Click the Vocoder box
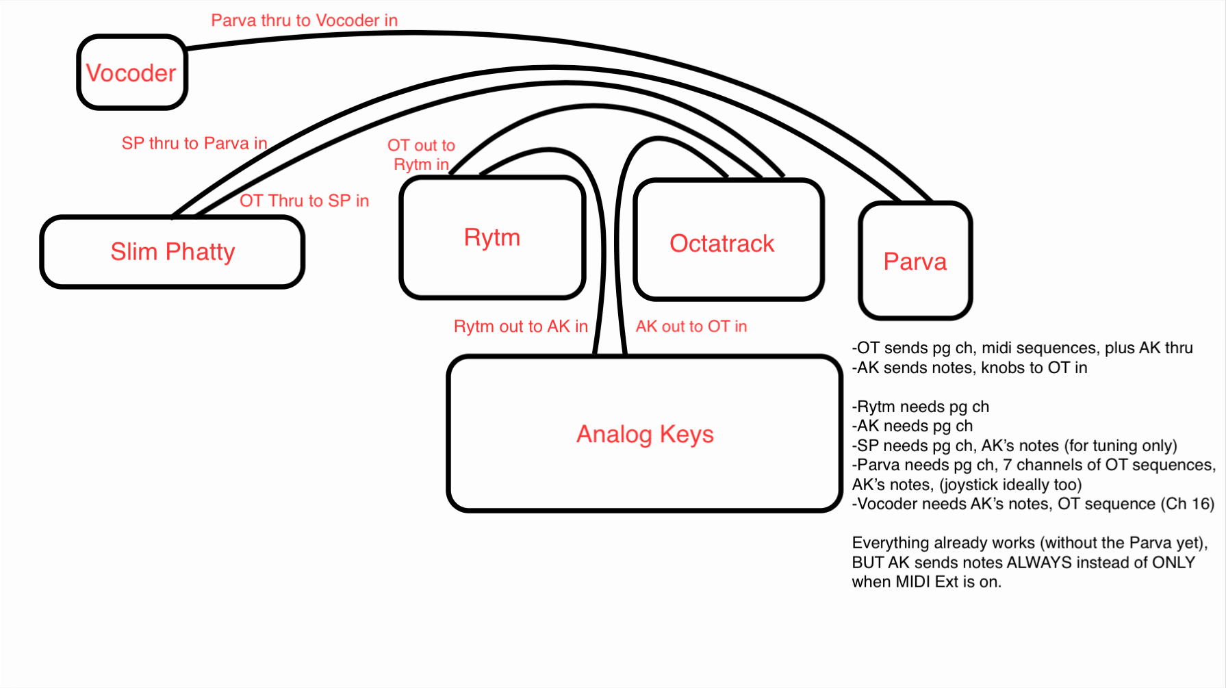coord(131,73)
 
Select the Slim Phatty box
coord(173,252)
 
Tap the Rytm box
coord(492,238)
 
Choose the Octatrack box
coord(722,243)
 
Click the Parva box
coord(915,262)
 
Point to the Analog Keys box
coord(645,434)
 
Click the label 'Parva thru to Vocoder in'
coord(304,21)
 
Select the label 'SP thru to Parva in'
coord(194,143)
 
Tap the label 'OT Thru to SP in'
coord(304,201)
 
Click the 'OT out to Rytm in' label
coord(421,155)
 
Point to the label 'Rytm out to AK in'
coord(520,327)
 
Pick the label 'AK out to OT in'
coord(691,327)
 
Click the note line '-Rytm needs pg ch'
coord(921,407)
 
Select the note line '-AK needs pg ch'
coord(912,426)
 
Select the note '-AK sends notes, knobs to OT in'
coord(969,368)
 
